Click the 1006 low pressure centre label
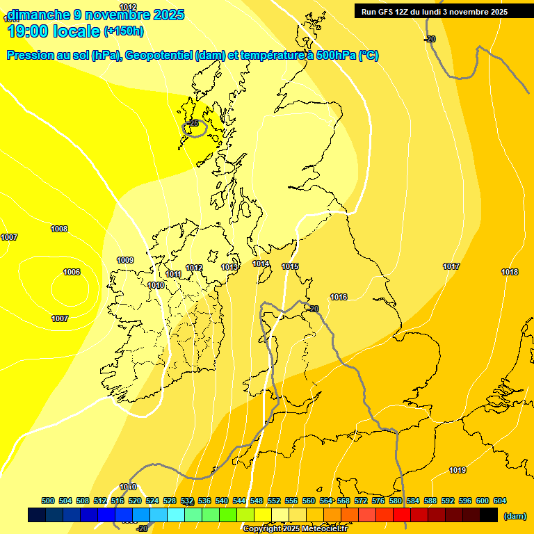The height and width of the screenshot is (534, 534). (72, 272)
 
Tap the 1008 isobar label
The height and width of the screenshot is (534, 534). (59, 229)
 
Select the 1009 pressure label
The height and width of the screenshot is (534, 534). (125, 260)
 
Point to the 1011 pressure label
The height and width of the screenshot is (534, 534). (173, 274)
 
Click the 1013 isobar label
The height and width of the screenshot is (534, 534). (229, 267)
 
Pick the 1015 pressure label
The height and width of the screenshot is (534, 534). (290, 266)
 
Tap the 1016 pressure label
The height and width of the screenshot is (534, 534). (339, 297)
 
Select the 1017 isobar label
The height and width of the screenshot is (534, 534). (451, 266)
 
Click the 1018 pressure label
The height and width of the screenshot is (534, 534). (510, 272)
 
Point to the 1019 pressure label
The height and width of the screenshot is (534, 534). (457, 470)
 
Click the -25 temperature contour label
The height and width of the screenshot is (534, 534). (193, 123)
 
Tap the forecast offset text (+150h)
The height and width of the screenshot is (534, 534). (124, 31)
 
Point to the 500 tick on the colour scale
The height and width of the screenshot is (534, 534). (48, 501)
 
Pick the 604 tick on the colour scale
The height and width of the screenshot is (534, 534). (500, 501)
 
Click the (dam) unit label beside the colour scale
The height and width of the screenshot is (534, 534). (515, 516)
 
